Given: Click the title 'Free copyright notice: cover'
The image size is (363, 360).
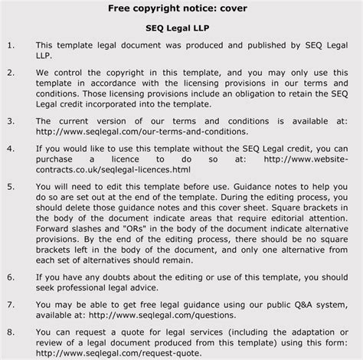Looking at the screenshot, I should click(181, 8).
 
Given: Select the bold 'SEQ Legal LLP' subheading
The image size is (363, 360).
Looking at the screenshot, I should click(181, 29).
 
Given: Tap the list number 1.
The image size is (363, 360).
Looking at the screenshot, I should click(10, 46).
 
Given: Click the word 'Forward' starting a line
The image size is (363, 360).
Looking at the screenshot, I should click(56, 227).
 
